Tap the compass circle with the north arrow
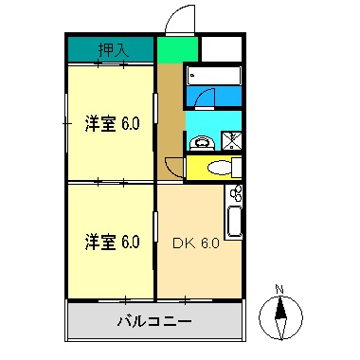[279, 315]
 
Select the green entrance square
[178, 50]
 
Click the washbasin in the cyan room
[200, 143]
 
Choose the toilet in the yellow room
[218, 169]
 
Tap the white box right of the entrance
[221, 50]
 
